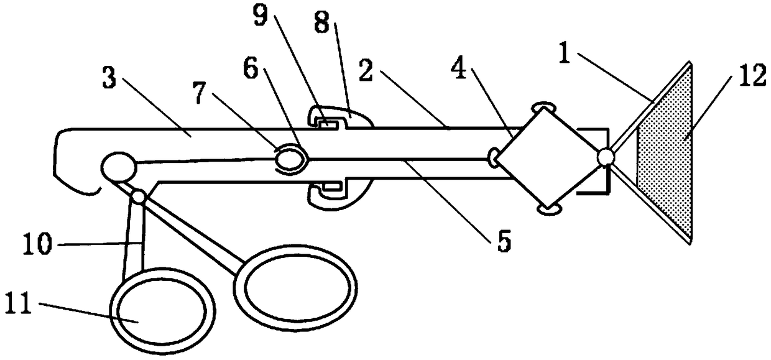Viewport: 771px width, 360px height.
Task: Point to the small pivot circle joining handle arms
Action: (138, 196)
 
